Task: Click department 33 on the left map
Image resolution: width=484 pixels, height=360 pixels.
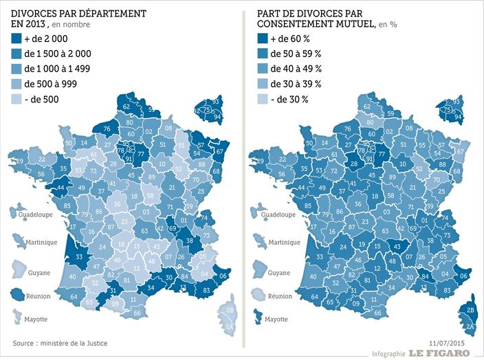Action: [79, 257]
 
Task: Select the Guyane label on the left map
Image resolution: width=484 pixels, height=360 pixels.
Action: [38, 273]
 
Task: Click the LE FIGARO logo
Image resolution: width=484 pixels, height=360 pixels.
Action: [439, 353]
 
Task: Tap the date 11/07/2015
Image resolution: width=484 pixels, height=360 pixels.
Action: [447, 341]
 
